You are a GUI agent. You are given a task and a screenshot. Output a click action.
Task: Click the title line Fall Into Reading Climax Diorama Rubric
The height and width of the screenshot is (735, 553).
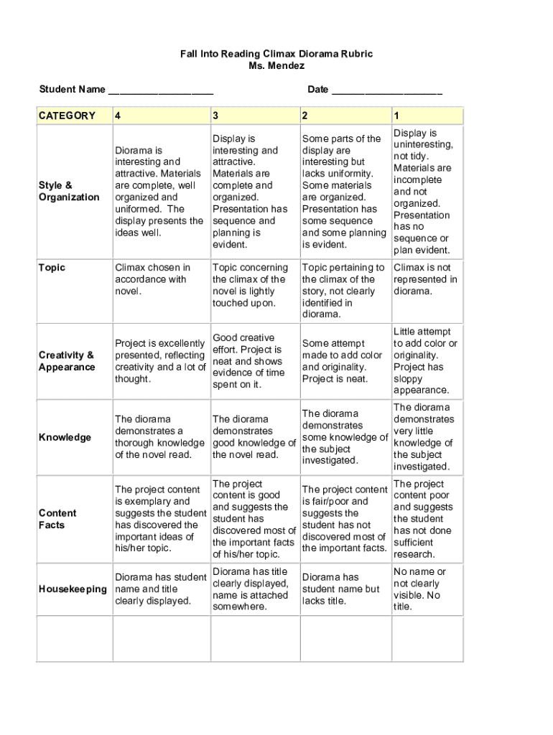(276, 54)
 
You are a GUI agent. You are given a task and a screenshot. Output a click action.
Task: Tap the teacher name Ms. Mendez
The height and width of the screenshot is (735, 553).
(276, 66)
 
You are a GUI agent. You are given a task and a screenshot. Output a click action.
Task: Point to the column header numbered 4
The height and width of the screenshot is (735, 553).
(117, 116)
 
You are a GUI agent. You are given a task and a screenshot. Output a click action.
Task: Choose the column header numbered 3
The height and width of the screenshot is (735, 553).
(215, 116)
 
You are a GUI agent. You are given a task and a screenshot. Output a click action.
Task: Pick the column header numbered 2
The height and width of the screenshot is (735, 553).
(305, 116)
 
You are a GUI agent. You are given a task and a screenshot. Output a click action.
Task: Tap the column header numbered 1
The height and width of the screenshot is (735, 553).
(396, 116)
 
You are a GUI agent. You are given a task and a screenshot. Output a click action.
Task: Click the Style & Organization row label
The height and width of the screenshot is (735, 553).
(69, 191)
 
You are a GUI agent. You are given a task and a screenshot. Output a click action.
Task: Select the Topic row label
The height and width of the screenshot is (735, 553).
(52, 268)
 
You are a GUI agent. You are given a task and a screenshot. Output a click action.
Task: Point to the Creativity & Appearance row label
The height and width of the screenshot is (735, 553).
(67, 361)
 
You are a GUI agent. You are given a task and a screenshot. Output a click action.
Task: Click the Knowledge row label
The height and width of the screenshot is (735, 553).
(65, 437)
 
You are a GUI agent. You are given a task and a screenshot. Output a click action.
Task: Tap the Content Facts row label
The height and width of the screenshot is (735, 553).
(57, 519)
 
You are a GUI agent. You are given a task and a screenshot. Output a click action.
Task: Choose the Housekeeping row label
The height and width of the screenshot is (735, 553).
(73, 589)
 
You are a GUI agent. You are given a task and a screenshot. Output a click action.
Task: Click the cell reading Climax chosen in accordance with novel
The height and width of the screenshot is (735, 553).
(153, 279)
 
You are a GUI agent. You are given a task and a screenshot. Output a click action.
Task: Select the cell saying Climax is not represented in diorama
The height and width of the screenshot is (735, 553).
(425, 279)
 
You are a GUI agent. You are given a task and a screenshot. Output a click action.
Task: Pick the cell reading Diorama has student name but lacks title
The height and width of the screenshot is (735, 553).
(341, 589)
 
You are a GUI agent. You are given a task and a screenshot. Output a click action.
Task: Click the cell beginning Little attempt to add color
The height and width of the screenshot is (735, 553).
(425, 361)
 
